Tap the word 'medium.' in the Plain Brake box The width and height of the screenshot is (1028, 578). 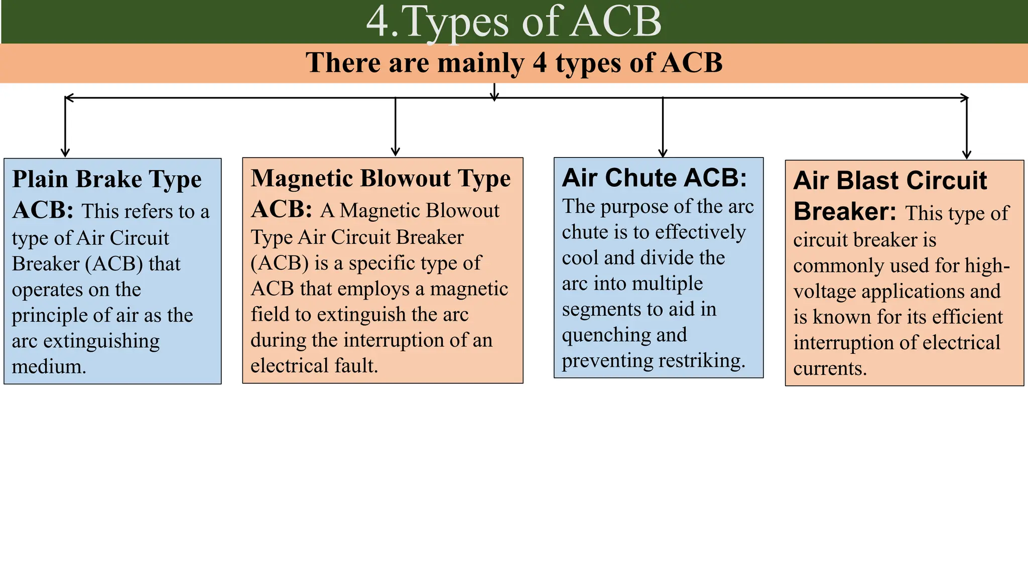pyautogui.click(x=49, y=367)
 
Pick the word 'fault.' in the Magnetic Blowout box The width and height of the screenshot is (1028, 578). pyautogui.click(x=356, y=366)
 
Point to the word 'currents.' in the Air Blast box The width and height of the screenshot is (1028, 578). pyautogui.click(x=830, y=368)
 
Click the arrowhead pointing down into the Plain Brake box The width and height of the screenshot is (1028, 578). pyautogui.click(x=65, y=152)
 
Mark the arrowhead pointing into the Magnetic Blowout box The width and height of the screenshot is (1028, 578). pyautogui.click(x=396, y=152)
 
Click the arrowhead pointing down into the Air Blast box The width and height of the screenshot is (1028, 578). pyautogui.click(x=967, y=155)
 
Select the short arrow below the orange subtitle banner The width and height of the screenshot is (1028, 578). pyautogui.click(x=494, y=93)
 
